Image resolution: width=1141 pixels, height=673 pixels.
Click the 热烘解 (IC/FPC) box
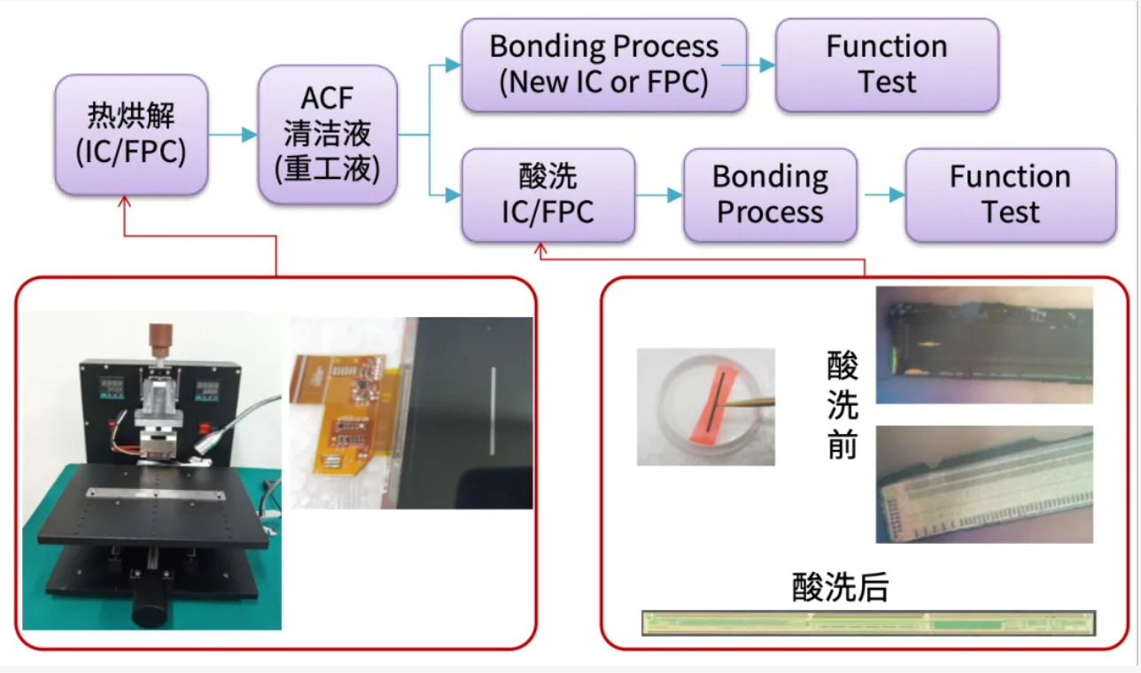(x=131, y=135)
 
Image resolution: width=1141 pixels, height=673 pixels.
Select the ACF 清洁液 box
(x=327, y=135)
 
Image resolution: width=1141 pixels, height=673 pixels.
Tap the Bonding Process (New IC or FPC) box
(x=603, y=65)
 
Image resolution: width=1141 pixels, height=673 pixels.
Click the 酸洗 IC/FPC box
(x=547, y=195)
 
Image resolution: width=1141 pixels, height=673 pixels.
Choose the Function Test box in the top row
(x=887, y=65)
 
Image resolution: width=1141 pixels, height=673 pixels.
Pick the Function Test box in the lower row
(x=1010, y=195)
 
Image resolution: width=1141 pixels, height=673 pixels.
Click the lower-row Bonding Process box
(x=770, y=195)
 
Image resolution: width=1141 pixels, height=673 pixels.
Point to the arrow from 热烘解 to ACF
(x=233, y=135)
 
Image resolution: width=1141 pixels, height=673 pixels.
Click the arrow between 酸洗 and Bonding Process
(x=659, y=195)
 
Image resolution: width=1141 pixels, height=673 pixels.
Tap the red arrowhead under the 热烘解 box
(x=124, y=202)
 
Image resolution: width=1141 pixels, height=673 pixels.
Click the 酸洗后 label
(x=840, y=588)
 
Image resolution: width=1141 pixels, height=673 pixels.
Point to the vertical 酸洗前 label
(x=842, y=405)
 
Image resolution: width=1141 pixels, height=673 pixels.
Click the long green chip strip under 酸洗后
(x=868, y=623)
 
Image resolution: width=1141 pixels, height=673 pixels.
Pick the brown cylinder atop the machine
(x=160, y=339)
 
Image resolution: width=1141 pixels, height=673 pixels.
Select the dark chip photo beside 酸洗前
(x=983, y=345)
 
